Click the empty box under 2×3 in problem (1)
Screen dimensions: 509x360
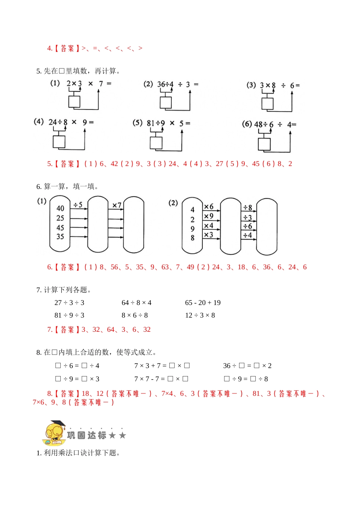[x=74, y=101]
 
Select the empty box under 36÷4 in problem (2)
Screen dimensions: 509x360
[x=166, y=103]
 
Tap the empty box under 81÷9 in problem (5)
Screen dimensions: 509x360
[x=156, y=143]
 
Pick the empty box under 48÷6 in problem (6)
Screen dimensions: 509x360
[x=264, y=144]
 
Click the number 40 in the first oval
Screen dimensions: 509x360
[x=60, y=208]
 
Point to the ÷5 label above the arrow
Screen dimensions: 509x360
[x=78, y=205]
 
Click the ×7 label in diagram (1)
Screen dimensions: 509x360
[x=117, y=205]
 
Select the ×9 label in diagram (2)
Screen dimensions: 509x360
[x=209, y=216]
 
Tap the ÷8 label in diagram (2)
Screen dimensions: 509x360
[x=248, y=208]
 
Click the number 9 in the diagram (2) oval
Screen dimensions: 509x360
[x=193, y=229]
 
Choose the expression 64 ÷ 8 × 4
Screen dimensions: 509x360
[x=136, y=303]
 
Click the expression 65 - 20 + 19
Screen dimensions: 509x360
[x=203, y=303]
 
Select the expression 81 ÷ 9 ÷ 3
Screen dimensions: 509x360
[x=69, y=315]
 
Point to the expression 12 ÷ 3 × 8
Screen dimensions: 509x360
[x=200, y=315]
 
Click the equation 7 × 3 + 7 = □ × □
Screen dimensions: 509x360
[x=162, y=365]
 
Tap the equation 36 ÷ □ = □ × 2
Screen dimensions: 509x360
[x=247, y=365]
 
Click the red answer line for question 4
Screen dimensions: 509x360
[x=95, y=48]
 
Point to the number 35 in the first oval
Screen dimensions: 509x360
[x=60, y=237]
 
